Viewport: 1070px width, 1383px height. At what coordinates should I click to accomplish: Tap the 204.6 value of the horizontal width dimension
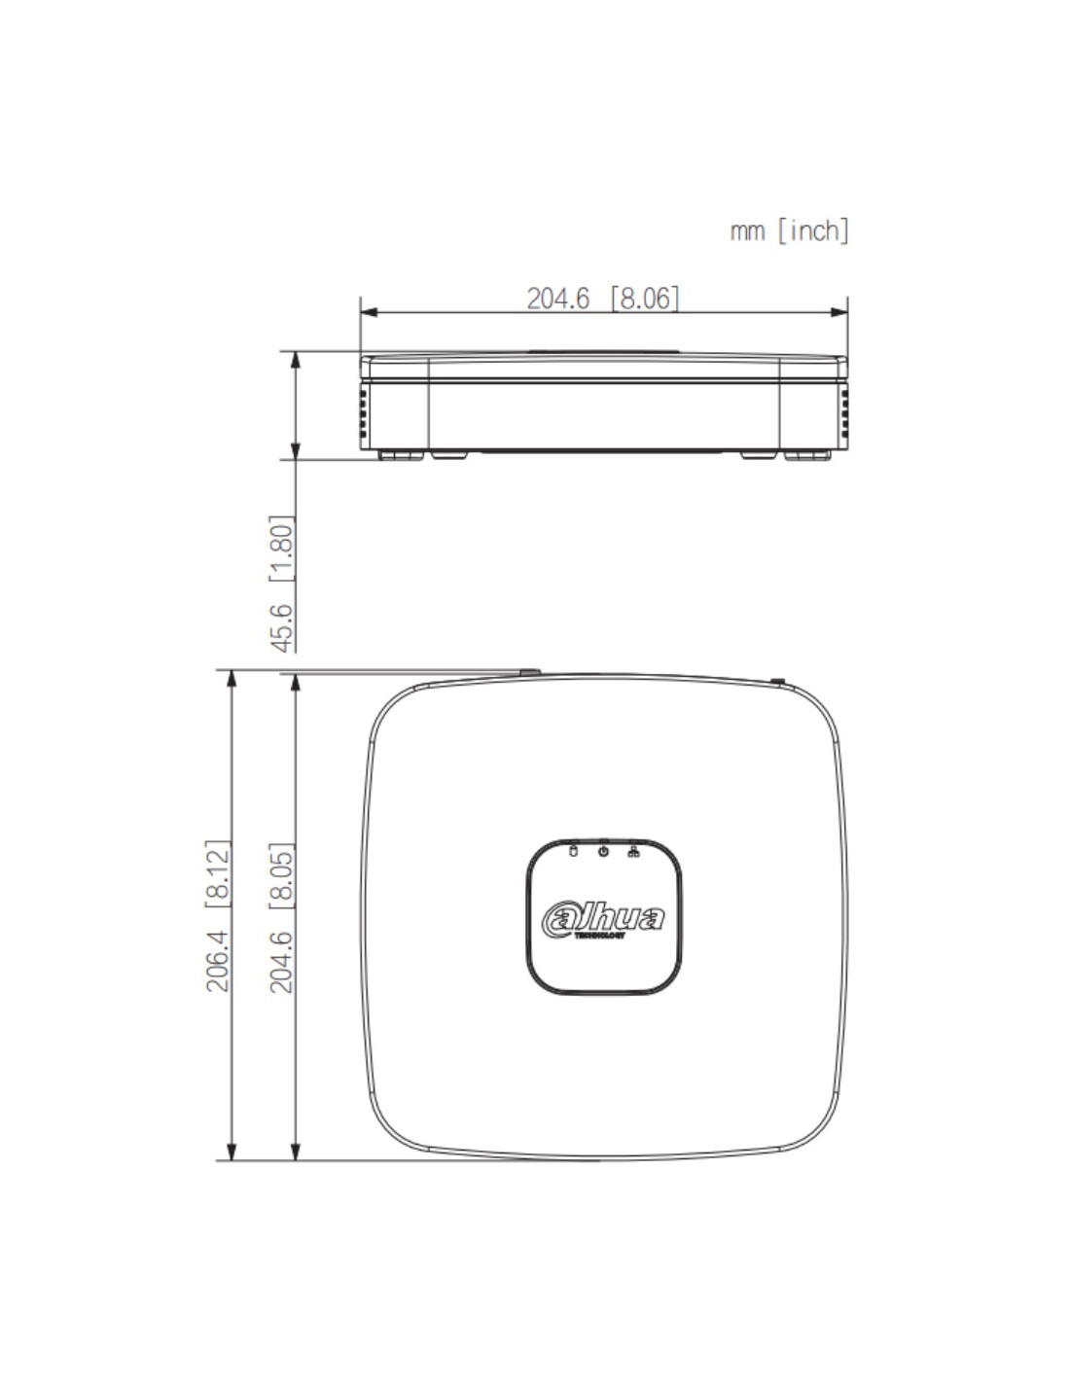tap(559, 298)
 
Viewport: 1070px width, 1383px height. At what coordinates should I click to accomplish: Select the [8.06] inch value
tap(645, 298)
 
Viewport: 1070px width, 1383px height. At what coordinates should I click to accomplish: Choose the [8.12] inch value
tap(217, 873)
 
